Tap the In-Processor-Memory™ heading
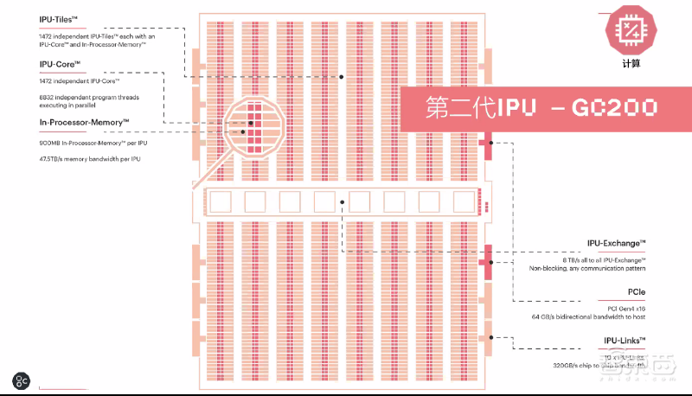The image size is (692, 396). pos(72,122)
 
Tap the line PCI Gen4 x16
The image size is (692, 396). pos(623,308)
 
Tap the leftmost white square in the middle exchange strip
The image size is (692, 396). pos(221,202)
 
